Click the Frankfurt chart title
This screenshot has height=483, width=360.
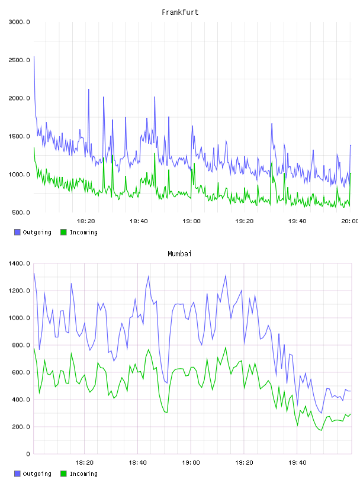click(180, 12)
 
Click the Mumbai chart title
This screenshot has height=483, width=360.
click(179, 254)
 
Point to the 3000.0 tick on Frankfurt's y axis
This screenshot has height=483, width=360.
click(19, 22)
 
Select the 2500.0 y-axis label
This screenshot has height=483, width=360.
click(19, 60)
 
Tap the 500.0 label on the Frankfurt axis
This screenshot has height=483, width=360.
click(21, 212)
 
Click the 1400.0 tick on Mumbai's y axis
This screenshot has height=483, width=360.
click(19, 263)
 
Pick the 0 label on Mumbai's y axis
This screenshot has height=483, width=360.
click(28, 454)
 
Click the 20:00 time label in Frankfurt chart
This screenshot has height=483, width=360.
click(349, 221)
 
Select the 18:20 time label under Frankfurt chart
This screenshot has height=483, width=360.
click(86, 221)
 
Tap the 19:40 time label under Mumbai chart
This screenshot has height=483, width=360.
click(297, 463)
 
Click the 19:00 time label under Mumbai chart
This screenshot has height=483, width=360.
click(191, 463)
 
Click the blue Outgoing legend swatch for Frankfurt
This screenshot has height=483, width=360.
click(17, 232)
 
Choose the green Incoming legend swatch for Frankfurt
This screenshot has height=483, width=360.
click(63, 232)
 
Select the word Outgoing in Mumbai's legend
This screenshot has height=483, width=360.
click(37, 474)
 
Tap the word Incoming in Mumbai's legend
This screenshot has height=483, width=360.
click(83, 474)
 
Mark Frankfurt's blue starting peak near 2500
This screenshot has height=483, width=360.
click(34, 57)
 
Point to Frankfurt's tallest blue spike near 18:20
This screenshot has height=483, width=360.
click(89, 89)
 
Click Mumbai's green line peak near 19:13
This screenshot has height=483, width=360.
click(226, 347)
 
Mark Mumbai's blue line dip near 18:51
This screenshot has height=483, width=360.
click(167, 383)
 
